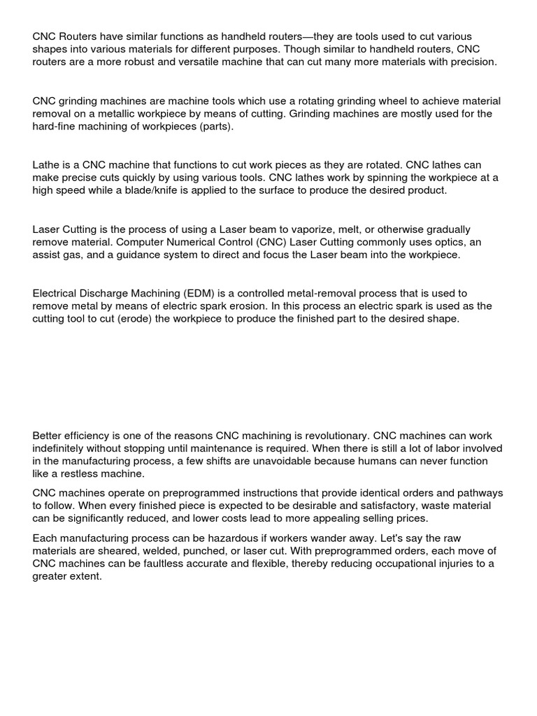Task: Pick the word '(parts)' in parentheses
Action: (217, 127)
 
